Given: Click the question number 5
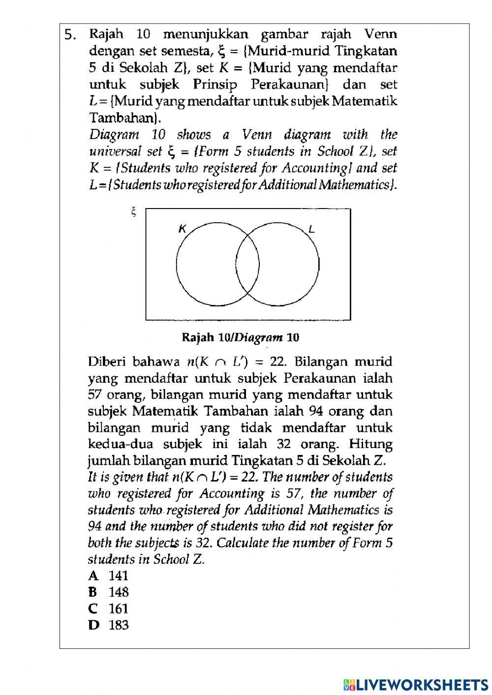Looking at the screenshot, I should coord(70,35).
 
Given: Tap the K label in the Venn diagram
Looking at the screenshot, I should coord(183,229).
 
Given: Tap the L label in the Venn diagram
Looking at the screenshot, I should coord(311,229).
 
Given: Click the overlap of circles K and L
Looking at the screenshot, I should coord(247,263).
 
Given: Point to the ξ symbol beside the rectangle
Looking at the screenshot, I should coord(133,212).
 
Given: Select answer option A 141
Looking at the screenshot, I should coord(109,575).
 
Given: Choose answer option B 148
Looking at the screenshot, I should coord(109,592).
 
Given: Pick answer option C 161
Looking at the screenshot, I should coord(109,608).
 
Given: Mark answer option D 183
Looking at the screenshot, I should coord(109,625).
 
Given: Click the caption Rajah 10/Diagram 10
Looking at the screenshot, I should coord(241,337).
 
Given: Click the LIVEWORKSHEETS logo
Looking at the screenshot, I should coord(416,684).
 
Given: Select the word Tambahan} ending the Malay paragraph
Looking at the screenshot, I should coord(125,118).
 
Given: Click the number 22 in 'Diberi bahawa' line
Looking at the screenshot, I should coord(277,362).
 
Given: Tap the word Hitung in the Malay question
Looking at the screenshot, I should coord(370,444).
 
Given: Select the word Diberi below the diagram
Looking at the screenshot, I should coord(106,362).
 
